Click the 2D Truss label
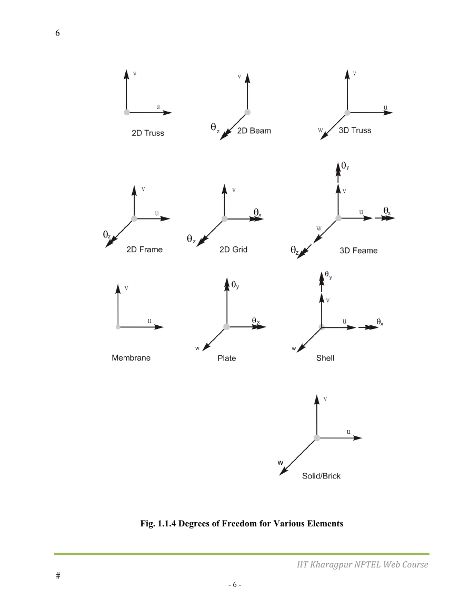(x=148, y=133)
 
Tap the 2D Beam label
(x=254, y=131)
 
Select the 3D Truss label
(x=355, y=131)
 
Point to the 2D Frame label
(x=144, y=250)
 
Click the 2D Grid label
(x=234, y=250)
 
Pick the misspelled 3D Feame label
(x=358, y=251)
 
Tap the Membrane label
(x=131, y=358)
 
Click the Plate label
(x=226, y=358)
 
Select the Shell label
(x=325, y=358)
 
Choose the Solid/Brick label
(x=321, y=476)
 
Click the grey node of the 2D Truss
(x=126, y=113)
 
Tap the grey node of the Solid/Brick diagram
(x=317, y=438)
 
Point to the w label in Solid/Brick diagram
(x=281, y=463)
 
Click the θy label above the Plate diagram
(x=235, y=285)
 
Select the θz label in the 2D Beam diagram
(x=215, y=127)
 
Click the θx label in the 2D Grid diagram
(x=257, y=213)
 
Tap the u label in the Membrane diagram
(x=149, y=321)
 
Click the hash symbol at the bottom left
(x=58, y=575)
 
